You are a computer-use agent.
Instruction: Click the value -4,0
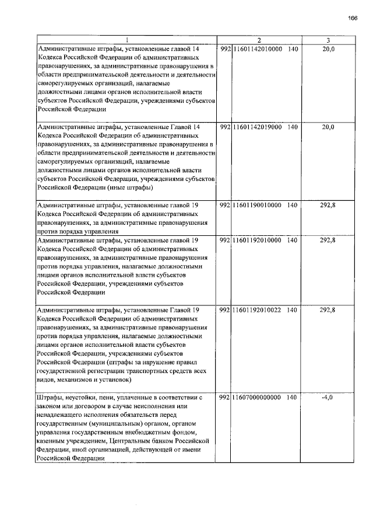[x=327, y=398]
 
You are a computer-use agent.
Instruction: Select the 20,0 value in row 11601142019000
[x=328, y=127]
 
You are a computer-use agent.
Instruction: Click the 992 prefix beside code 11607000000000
[x=225, y=398]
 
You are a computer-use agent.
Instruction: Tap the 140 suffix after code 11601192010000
[x=293, y=240]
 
